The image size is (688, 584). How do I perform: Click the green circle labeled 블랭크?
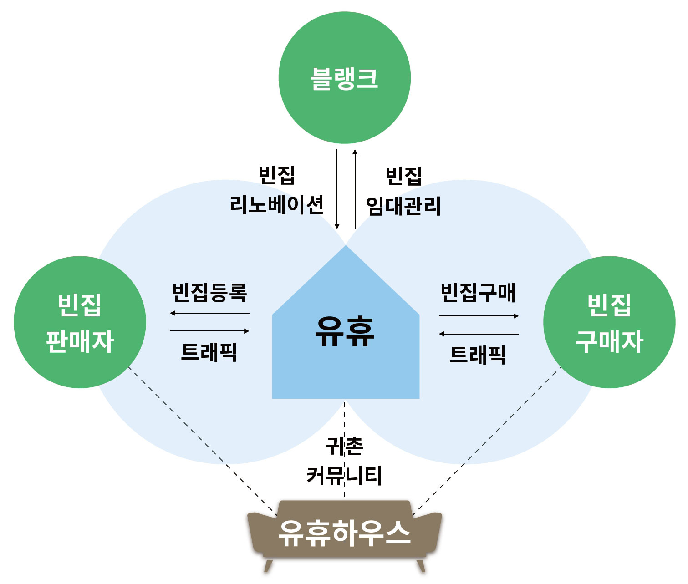[344, 78]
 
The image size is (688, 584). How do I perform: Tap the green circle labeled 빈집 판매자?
[80, 322]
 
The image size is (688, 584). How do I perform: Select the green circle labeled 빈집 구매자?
[609, 322]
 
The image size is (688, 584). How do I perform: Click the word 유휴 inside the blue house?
[345, 331]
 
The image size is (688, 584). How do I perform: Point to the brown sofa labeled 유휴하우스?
[345, 533]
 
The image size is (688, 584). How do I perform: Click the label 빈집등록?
[209, 293]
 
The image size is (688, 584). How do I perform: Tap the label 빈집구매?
[478, 293]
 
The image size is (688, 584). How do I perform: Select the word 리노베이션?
[276, 204]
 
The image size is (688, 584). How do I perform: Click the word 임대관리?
[403, 206]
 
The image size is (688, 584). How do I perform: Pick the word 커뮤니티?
[344, 475]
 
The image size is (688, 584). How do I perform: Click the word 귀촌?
[344, 446]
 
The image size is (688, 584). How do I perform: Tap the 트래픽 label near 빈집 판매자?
[209, 352]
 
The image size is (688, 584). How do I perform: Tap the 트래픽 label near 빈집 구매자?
[478, 355]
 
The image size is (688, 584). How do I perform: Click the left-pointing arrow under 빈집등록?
[209, 313]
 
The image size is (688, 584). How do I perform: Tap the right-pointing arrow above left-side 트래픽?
[209, 331]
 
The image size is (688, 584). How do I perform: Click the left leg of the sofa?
[268, 566]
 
